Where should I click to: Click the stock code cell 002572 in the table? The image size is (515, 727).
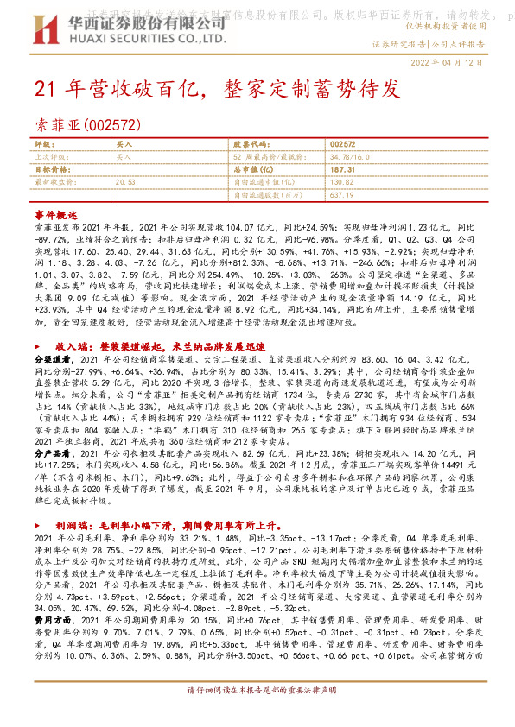343,143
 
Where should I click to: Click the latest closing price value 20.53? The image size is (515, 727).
126,183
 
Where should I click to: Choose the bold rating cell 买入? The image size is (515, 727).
124,143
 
